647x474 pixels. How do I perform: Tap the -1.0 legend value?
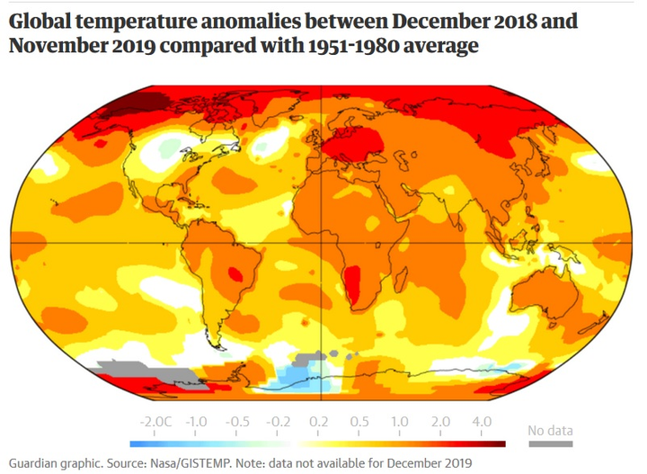[197, 421]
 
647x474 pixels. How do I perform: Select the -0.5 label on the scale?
[238, 421]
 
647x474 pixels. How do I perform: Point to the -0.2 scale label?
[279, 421]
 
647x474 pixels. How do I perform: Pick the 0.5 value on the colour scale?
[358, 421]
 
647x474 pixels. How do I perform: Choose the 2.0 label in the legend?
[440, 421]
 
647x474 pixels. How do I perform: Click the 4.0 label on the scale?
[481, 421]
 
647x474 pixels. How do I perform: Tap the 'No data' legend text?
[549, 429]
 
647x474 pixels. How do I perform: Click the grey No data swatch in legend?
[549, 443]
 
